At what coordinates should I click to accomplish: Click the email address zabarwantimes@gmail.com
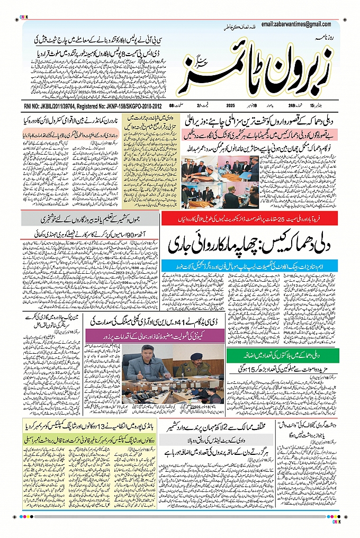[x=300, y=24]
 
